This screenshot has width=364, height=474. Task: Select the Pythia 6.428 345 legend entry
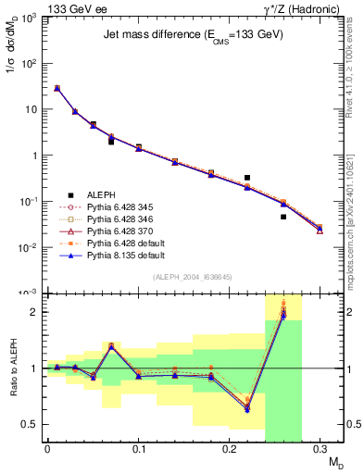112,206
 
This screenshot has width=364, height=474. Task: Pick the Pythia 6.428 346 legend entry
112,218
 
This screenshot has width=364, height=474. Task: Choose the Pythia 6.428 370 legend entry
112,231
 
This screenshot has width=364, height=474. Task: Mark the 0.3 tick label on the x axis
320,449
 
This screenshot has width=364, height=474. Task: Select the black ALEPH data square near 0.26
283,217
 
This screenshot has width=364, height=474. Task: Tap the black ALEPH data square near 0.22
247,177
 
